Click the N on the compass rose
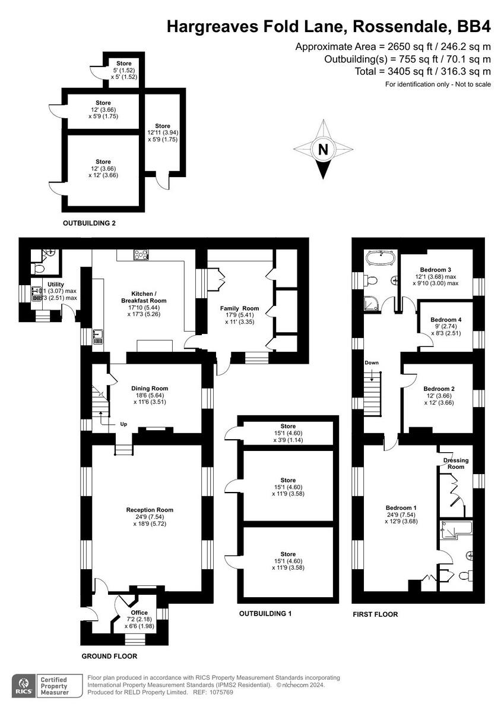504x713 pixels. pyautogui.click(x=322, y=150)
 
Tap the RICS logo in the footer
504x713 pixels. pyautogui.click(x=24, y=685)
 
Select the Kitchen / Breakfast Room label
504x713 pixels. pyautogui.click(x=148, y=297)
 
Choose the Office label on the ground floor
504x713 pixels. pyautogui.click(x=139, y=613)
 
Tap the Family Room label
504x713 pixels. pyautogui.click(x=240, y=308)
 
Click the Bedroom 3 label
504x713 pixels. pyautogui.click(x=436, y=269)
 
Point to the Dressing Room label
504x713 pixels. pyautogui.click(x=456, y=463)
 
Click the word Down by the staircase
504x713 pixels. pyautogui.click(x=372, y=362)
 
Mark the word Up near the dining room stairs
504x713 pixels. pyautogui.click(x=123, y=425)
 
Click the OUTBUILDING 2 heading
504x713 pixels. pyautogui.click(x=89, y=223)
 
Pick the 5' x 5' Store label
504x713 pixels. pyautogui.click(x=124, y=64)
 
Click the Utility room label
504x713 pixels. pyautogui.click(x=55, y=285)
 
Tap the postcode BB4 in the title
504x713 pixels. pyautogui.click(x=474, y=26)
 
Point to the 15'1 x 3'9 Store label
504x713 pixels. pyautogui.click(x=288, y=427)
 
